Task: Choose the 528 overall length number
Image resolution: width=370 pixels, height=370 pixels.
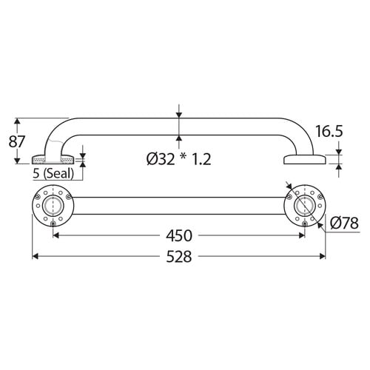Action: [179, 257]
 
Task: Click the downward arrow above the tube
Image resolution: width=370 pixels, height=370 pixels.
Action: [179, 113]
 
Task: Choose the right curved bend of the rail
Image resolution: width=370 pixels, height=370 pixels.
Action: [297, 129]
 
